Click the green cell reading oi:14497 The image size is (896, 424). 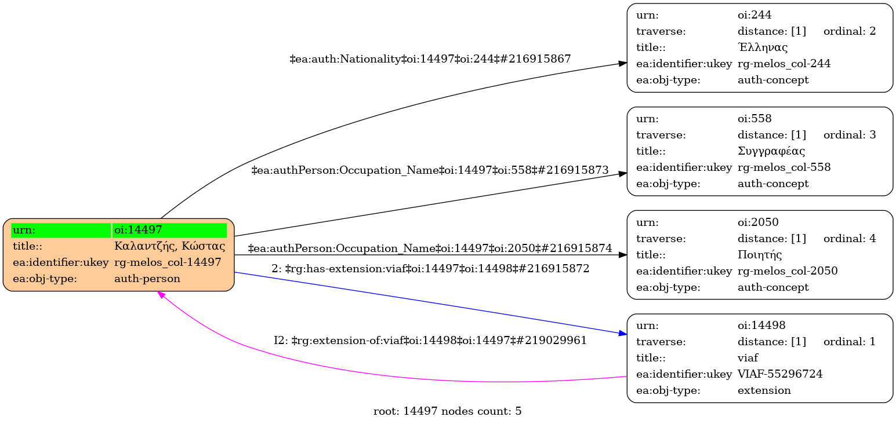(169, 230)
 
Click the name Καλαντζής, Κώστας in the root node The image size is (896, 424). (169, 246)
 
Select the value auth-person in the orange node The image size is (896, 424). (147, 279)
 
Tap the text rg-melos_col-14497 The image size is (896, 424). (168, 262)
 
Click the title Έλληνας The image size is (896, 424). (762, 47)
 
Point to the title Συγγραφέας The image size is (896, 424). (771, 151)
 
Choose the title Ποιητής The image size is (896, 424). (760, 254)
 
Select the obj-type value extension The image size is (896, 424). (764, 390)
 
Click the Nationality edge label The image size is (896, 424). (430, 59)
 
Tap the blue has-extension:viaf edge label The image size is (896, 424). (430, 269)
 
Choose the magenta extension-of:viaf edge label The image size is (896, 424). (430, 341)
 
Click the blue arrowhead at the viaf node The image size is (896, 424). (622, 334)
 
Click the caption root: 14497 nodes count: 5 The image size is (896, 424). (447, 412)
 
